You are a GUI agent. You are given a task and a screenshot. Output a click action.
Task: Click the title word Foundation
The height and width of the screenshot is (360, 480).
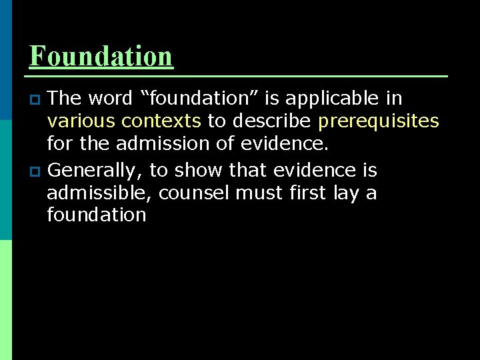[x=101, y=56]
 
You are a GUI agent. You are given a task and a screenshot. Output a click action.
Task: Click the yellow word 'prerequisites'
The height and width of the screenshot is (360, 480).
[x=378, y=121]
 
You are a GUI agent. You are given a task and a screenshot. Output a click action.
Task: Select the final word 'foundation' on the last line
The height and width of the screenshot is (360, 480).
[x=97, y=215]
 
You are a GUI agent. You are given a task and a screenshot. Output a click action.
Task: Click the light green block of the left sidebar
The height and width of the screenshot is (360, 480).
[x=5, y=299]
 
